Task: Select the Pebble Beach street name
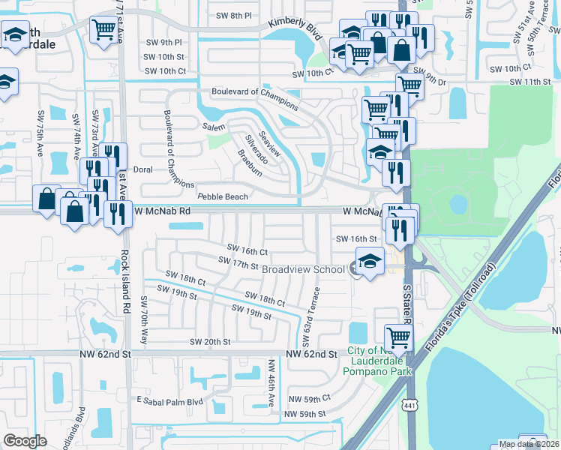(222, 196)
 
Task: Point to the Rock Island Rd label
(126, 281)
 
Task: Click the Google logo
(25, 440)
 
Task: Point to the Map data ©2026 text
(529, 444)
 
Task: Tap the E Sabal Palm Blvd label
(169, 401)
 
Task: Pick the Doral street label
(142, 169)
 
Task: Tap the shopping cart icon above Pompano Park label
(397, 337)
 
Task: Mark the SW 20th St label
(210, 341)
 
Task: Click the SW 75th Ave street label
(40, 134)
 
